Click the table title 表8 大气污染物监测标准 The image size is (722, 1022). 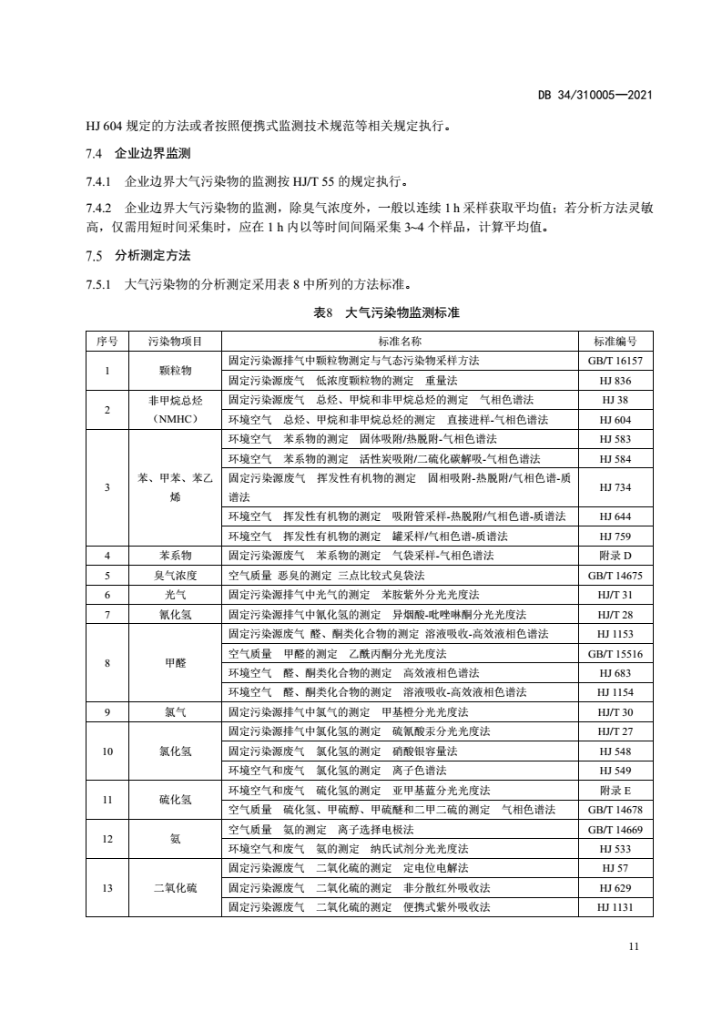[x=386, y=312]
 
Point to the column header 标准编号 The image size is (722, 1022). [x=615, y=342]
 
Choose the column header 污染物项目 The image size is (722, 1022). [x=174, y=342]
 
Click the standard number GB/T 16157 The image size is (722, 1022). [x=615, y=361]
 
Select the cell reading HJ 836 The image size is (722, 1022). [x=615, y=380]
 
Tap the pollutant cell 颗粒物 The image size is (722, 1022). [x=174, y=371]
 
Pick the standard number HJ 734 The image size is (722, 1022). [x=615, y=488]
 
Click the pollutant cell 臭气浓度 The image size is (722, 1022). [x=174, y=575]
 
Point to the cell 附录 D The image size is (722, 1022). [x=615, y=556]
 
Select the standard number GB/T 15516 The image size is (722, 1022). [x=615, y=653]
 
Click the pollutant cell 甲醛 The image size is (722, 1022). [x=174, y=663]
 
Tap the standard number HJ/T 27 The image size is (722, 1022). [x=615, y=731]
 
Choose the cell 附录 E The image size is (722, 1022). [x=615, y=790]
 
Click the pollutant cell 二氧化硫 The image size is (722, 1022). [x=174, y=887]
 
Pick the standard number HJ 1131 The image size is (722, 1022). [x=615, y=906]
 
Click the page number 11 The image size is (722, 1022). [x=634, y=946]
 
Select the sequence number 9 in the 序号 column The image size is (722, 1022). [x=107, y=712]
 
